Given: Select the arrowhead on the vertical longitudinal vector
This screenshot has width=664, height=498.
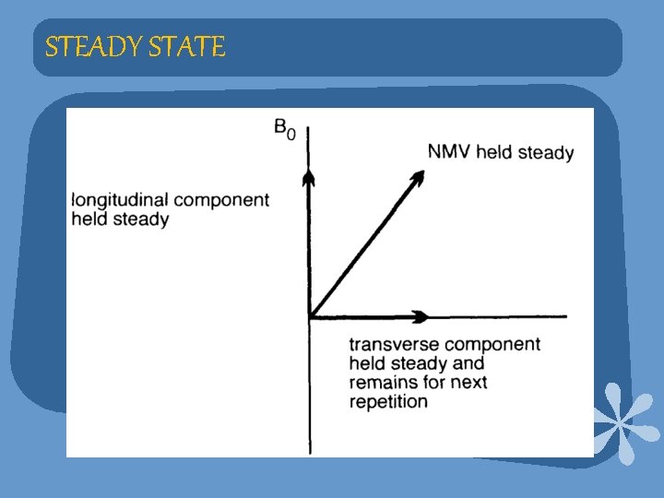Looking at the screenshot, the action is [x=309, y=176].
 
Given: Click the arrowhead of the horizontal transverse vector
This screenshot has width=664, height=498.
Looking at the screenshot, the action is [x=421, y=316].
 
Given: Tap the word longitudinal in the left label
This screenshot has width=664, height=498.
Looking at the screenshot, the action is [x=118, y=200].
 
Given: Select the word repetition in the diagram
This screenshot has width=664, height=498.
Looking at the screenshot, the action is [x=388, y=401].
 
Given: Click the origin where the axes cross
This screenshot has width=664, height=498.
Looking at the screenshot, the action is [x=309, y=316].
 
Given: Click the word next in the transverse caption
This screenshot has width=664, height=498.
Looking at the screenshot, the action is [x=469, y=382].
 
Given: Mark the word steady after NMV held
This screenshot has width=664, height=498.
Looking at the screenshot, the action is [x=546, y=152].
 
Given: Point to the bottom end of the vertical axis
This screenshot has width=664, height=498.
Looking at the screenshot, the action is [x=309, y=452].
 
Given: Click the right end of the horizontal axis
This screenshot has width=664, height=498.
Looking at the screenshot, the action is [x=564, y=316].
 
